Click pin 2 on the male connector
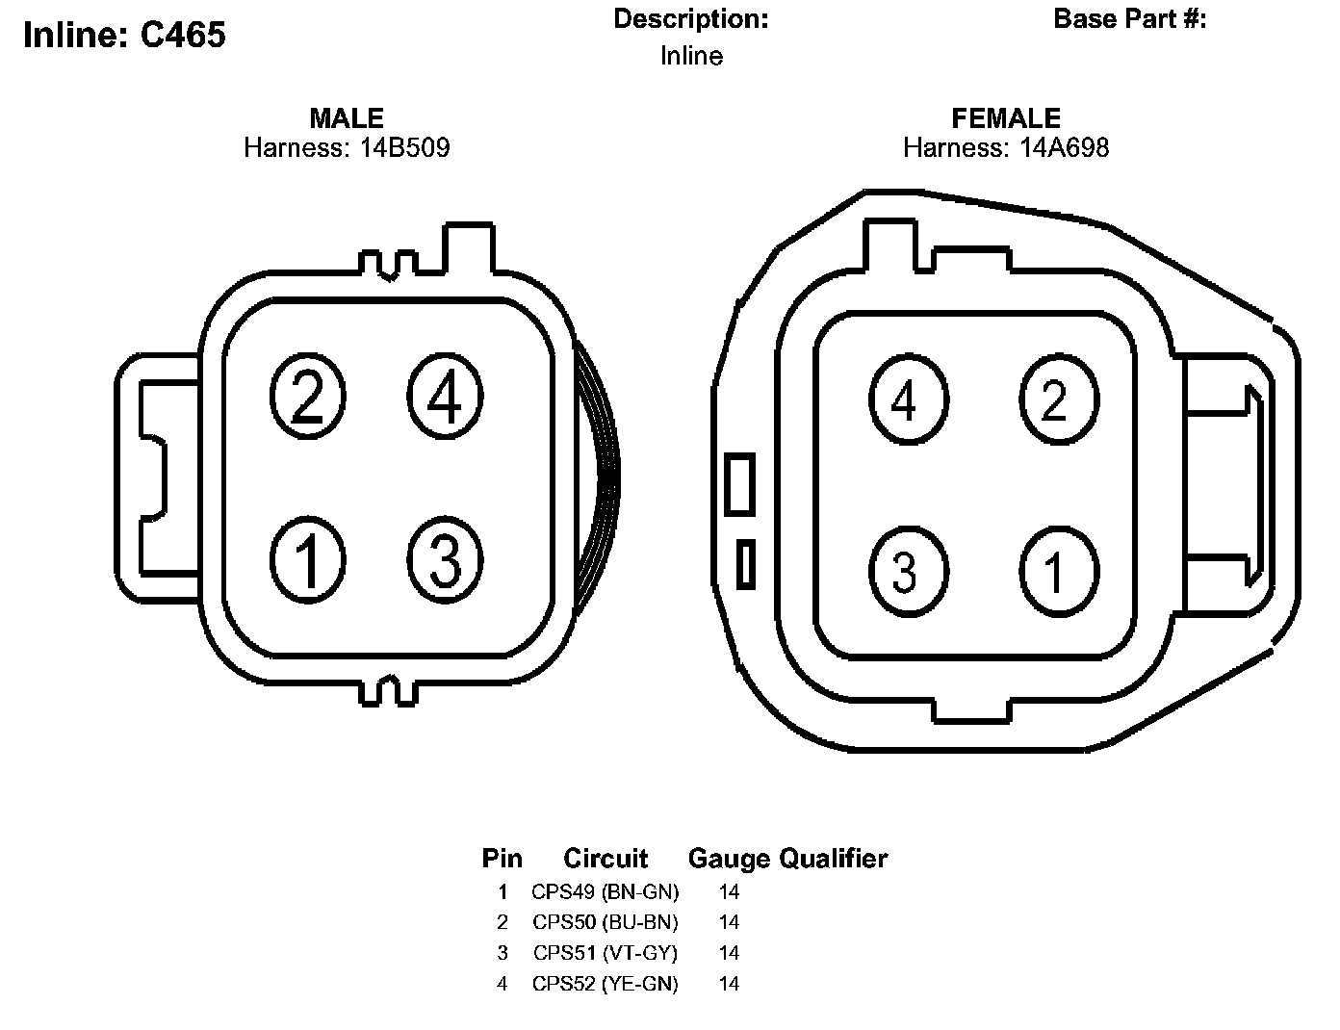pyautogui.click(x=308, y=396)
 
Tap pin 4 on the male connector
pyautogui.click(x=445, y=396)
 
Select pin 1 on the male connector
pyautogui.click(x=308, y=559)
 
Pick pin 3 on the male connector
pyautogui.click(x=445, y=559)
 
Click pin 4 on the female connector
pyautogui.click(x=909, y=399)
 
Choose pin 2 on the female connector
pyautogui.click(x=1059, y=399)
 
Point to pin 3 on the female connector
pyautogui.click(x=909, y=572)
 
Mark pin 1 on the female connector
pyautogui.click(x=1059, y=572)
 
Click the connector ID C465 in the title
pyautogui.click(x=183, y=35)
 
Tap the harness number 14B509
pyautogui.click(x=405, y=148)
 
